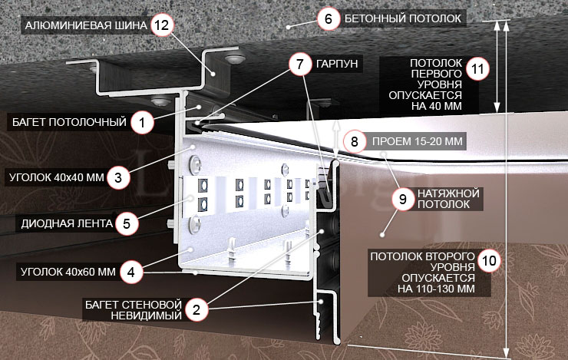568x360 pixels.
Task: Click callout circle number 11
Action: [477, 69]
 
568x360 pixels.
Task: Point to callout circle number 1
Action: [140, 121]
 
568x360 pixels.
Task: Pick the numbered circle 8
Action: [354, 142]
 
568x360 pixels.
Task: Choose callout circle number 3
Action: [117, 177]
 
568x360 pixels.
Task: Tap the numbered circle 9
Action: [402, 198]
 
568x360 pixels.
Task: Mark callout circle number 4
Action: [131, 271]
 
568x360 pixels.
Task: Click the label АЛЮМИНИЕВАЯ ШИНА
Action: [85, 25]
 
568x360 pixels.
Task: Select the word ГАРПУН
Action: [337, 63]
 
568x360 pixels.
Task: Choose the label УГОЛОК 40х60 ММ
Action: [64, 271]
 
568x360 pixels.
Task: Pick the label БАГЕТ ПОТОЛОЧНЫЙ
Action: [70, 121]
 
